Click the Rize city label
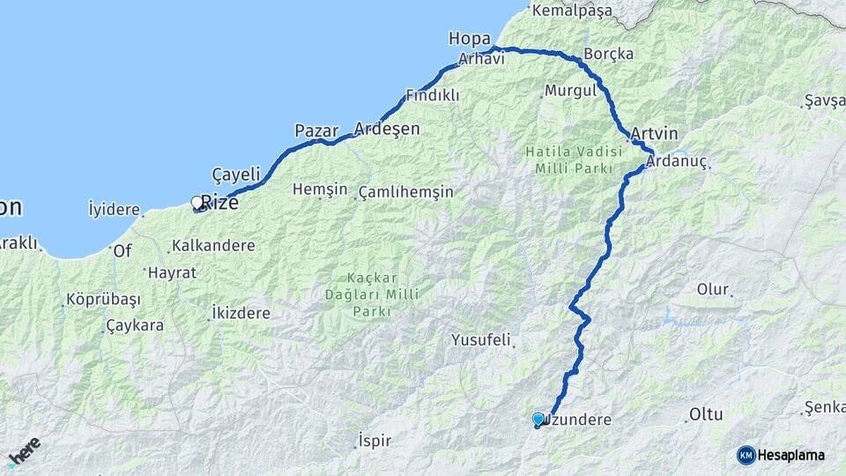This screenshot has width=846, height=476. click(219, 202)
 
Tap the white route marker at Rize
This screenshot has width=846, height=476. click(197, 202)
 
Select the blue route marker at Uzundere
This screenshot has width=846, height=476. click(538, 420)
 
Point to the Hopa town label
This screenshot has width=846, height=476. click(464, 38)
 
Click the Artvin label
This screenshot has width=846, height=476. click(654, 133)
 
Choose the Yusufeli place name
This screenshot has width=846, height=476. click(481, 339)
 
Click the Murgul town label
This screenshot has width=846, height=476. click(565, 90)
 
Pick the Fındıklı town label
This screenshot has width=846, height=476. click(432, 95)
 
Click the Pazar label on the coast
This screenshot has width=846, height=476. click(316, 130)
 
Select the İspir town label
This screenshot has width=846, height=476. click(375, 441)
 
